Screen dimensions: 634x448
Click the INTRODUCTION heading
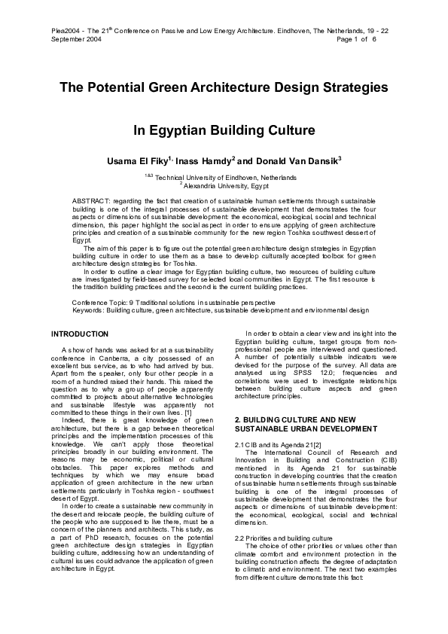pyautogui.click(x=80, y=333)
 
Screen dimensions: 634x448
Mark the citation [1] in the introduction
pyautogui.click(x=188, y=412)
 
